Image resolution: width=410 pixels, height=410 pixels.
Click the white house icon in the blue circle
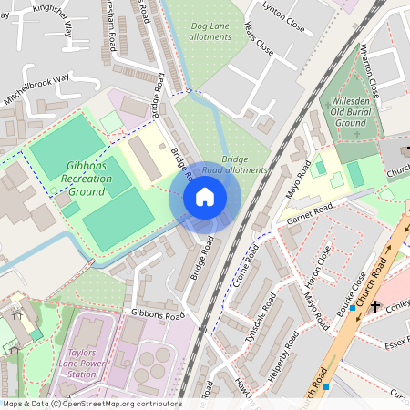[x=205, y=196]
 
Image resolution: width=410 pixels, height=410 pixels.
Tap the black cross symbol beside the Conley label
[x=374, y=306]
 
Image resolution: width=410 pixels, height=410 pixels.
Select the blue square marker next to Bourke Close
[x=352, y=308]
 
